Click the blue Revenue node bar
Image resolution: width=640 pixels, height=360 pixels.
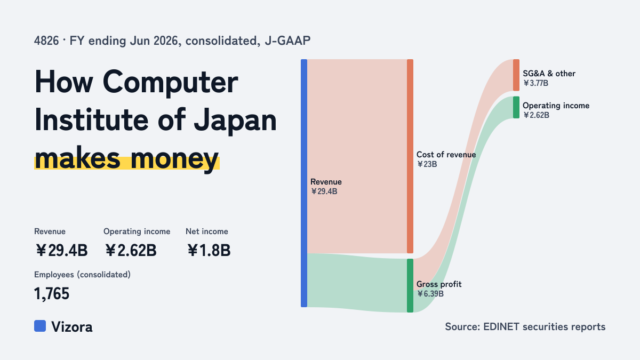(304, 183)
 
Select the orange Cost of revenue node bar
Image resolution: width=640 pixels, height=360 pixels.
(410, 156)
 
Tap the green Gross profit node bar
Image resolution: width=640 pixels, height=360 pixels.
(410, 285)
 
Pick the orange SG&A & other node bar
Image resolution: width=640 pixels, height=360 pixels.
(516, 75)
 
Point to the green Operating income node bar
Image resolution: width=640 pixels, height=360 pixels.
(516, 107)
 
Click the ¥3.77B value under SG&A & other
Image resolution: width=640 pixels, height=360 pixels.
(535, 83)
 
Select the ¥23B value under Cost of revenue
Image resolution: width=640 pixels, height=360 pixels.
(427, 164)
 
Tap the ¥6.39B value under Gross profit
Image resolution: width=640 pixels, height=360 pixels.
(430, 294)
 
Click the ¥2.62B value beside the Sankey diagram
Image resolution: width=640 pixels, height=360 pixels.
(537, 115)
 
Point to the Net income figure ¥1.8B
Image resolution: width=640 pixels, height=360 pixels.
(209, 250)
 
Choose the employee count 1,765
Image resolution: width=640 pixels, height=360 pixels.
(52, 294)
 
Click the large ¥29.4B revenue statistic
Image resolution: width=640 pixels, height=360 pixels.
(61, 250)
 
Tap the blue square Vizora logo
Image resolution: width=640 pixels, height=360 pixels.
(40, 326)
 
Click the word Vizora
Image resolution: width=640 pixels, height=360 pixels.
(72, 327)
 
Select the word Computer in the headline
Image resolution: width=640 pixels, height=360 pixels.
(170, 83)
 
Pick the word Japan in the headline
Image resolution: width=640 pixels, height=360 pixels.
(235, 121)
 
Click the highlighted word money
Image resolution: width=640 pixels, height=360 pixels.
(174, 159)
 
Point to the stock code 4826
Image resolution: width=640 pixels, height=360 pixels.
(46, 41)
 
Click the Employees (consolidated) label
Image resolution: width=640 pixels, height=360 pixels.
(82, 275)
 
